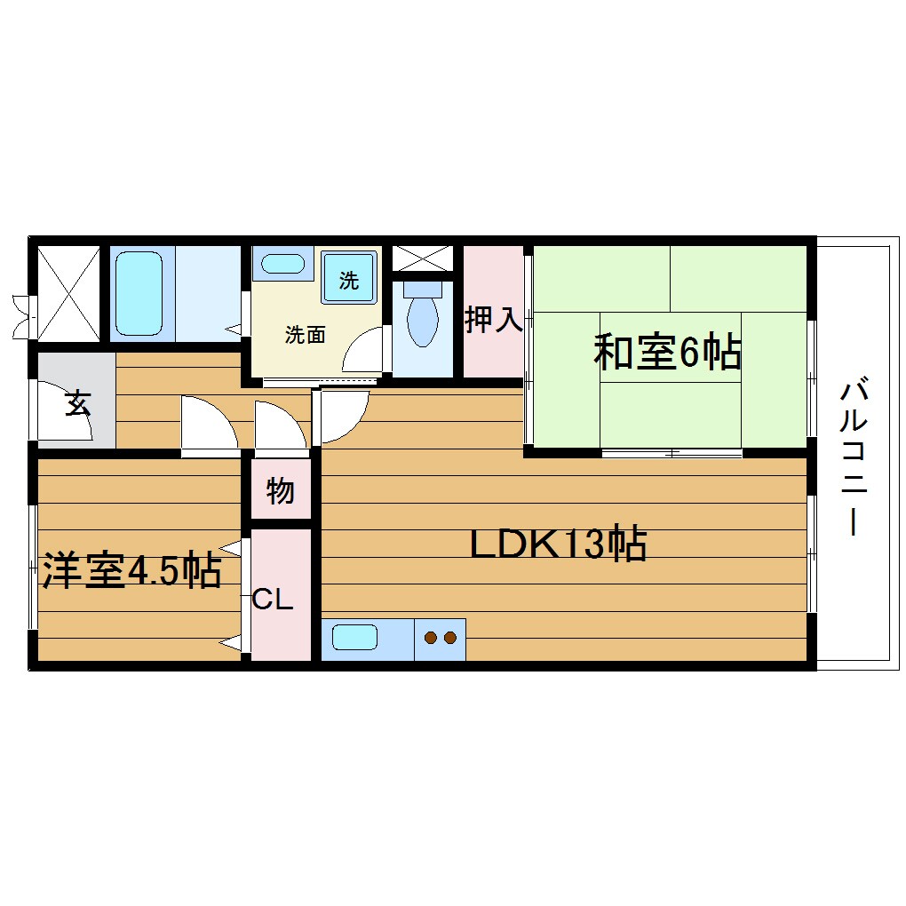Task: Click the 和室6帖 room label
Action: click(667, 353)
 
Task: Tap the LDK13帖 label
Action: click(557, 544)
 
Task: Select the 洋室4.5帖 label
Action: click(131, 571)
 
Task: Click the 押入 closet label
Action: click(493, 320)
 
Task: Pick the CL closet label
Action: click(273, 600)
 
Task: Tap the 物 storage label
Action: click(280, 489)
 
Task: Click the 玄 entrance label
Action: click(76, 404)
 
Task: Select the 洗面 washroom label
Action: click(305, 335)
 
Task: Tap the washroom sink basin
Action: click(283, 264)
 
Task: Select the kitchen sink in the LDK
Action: click(355, 638)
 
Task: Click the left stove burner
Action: click(431, 637)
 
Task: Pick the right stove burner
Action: click(449, 637)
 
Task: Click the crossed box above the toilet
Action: click(422, 258)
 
